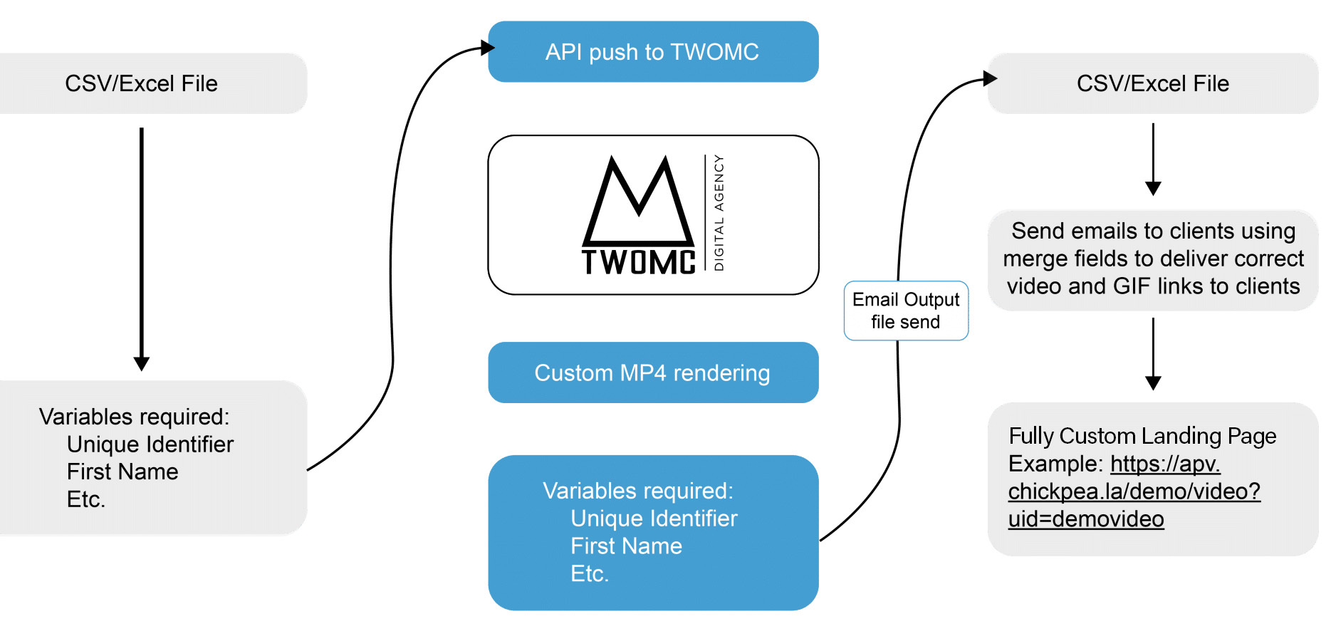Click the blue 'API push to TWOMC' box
(652, 51)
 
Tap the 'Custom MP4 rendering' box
(652, 372)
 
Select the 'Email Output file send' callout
(905, 311)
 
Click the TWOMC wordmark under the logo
(638, 262)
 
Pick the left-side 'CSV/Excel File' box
(142, 83)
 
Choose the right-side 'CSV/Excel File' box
(1152, 83)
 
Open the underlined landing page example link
(1134, 491)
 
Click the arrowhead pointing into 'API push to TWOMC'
(488, 48)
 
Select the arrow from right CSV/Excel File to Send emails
(1153, 160)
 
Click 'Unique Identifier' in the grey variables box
(150, 444)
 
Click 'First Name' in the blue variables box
(626, 546)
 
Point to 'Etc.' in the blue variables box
(590, 574)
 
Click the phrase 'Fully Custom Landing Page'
(1142, 436)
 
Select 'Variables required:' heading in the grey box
(134, 417)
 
